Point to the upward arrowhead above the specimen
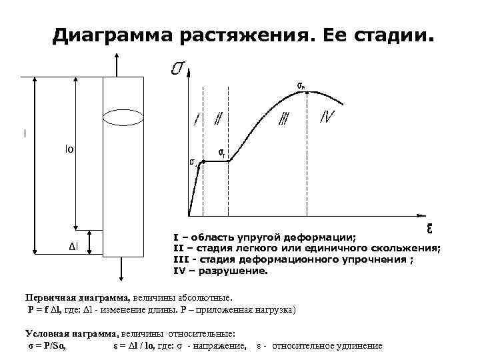117,61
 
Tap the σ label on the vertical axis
178,68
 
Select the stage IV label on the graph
327,117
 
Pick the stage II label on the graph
217,119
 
